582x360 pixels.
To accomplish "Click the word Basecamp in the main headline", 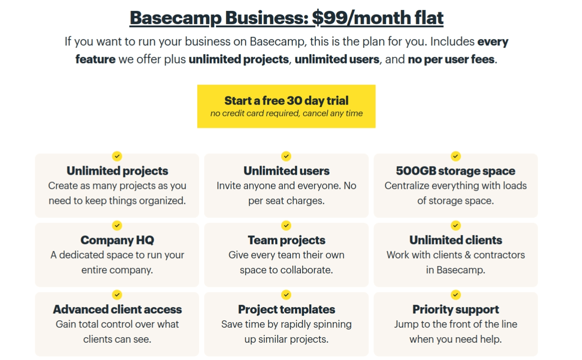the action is (x=175, y=18).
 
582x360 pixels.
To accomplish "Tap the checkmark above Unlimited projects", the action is (x=117, y=157).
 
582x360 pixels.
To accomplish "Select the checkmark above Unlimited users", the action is (x=286, y=157).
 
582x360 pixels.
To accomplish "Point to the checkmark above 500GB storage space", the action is (x=456, y=157).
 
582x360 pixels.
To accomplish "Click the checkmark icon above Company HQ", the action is (x=117, y=225).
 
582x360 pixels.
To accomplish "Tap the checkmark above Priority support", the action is (x=456, y=295).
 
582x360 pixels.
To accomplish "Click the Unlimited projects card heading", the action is (x=117, y=171).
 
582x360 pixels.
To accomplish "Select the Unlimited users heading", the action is (x=286, y=171).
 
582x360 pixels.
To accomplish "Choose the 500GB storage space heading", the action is (x=456, y=171).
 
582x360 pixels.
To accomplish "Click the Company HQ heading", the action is (x=117, y=240).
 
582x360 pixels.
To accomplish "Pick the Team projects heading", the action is (x=286, y=240).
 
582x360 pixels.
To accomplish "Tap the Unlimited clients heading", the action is (x=456, y=240).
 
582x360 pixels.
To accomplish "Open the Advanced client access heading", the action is (x=117, y=309).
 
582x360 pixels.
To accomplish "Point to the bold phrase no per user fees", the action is (x=451, y=59).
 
